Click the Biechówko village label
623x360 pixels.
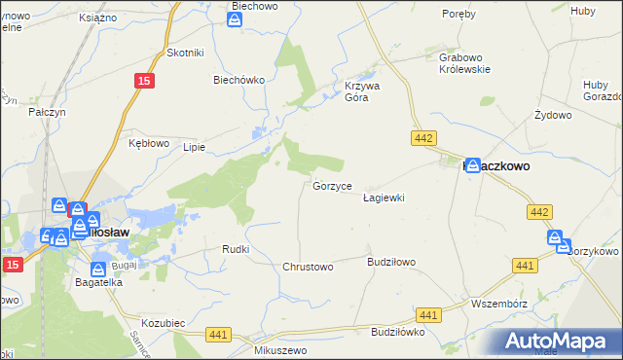coord(239,81)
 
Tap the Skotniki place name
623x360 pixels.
coord(185,53)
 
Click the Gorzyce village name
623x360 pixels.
coord(339,185)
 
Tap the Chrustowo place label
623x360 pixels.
coord(308,267)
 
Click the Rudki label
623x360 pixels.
coord(237,249)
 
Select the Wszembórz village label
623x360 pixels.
coord(498,304)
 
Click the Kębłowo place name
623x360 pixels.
coord(150,142)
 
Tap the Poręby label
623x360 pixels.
coord(458,15)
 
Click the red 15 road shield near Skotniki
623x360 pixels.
coord(142,83)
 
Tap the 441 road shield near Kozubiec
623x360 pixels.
coord(218,334)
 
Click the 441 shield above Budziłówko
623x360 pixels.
coord(427,314)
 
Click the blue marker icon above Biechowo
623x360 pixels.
coord(235,18)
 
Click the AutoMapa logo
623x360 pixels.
coord(562,340)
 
